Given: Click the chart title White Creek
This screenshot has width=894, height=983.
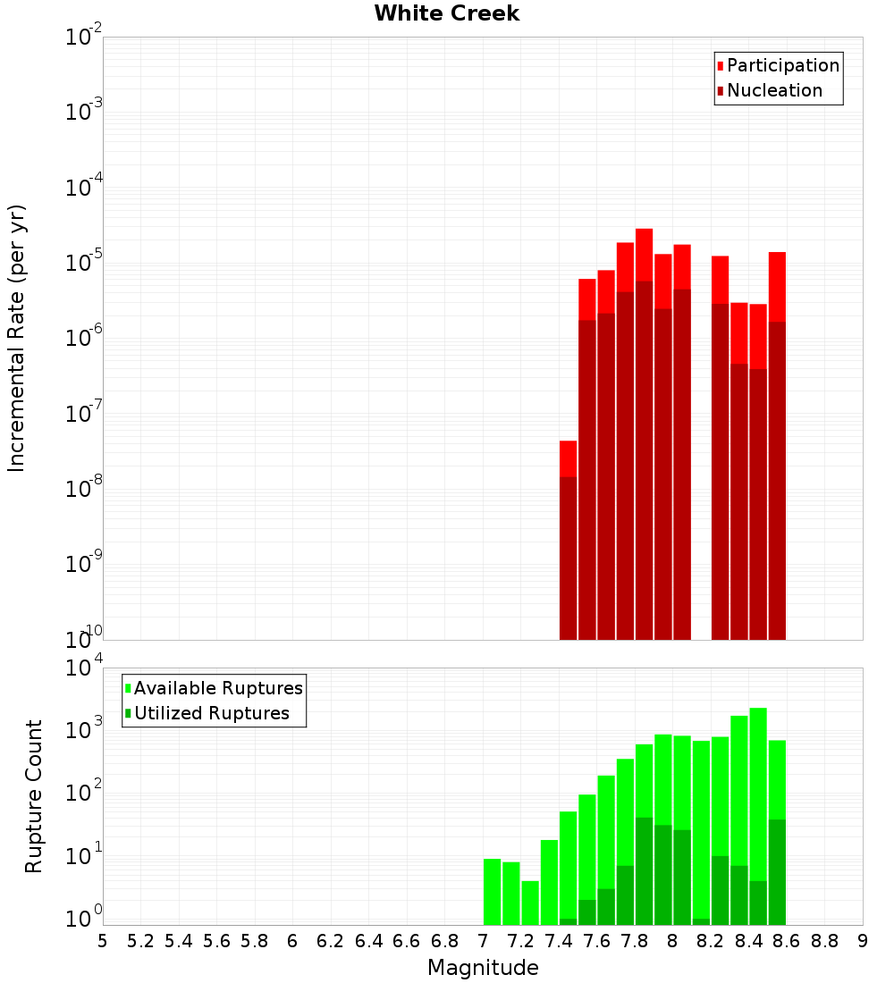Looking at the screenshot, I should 446,13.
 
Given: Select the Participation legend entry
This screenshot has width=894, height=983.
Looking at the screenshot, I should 782,65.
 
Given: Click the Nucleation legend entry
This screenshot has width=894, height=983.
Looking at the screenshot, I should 773,90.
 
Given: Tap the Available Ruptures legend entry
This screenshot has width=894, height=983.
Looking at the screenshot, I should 217,688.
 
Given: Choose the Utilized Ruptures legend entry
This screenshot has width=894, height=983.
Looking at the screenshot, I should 211,713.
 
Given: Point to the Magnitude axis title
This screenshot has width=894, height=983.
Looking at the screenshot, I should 483,968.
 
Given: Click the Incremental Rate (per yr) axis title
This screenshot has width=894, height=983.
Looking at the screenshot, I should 17,338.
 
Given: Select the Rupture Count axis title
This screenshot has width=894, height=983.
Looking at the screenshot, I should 34,795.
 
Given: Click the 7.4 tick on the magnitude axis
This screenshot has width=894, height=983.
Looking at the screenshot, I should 559,941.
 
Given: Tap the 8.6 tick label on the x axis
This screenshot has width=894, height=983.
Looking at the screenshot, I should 787,941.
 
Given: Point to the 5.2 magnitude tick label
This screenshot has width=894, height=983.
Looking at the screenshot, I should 140,941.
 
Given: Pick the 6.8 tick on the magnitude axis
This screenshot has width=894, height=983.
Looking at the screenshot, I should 444,941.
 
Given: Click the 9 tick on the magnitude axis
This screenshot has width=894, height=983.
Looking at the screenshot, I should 863,941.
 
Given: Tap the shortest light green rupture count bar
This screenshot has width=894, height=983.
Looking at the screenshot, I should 530,903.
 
